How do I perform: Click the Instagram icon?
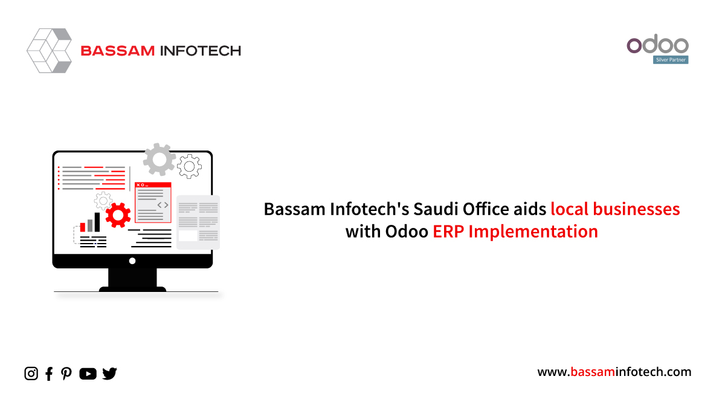pos(31,374)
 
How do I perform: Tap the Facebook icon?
pos(49,374)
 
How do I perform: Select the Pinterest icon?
pos(66,374)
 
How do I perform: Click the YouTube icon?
pos(88,374)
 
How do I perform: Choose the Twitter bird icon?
pos(110,374)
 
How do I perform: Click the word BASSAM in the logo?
pos(118,51)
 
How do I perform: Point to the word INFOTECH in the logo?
pos(201,51)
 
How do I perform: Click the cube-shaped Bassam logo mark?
pos(49,51)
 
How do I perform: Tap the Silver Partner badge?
pos(671,60)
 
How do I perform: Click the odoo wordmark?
pos(658,44)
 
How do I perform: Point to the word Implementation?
pos(533,232)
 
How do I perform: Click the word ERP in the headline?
pos(448,232)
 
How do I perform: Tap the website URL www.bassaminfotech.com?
pos(614,372)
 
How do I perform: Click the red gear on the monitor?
pos(118,215)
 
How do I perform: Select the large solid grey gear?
pos(159,160)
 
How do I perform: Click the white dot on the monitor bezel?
pos(132,261)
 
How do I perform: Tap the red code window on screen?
pos(153,202)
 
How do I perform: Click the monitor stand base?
pos(132,289)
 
